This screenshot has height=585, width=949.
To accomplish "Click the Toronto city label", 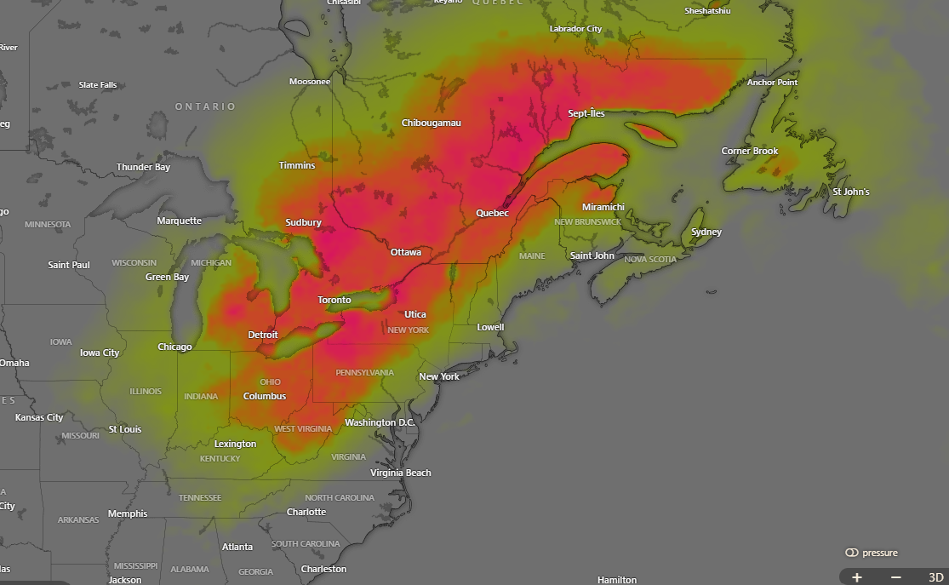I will (334, 300).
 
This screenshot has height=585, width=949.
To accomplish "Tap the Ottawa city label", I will (405, 252).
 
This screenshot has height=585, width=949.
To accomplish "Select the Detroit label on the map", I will (263, 335).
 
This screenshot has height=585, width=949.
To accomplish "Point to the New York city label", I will (438, 376).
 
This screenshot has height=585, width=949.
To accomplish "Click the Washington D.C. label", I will (380, 422).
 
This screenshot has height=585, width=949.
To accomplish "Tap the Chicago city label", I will (174, 347).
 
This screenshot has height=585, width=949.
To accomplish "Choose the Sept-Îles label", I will (586, 113).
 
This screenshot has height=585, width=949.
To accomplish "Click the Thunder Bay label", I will (143, 167).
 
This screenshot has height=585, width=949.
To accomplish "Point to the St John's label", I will (850, 192).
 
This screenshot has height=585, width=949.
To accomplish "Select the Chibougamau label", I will (431, 123).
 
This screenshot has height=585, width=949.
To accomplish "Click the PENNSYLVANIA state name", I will (364, 373).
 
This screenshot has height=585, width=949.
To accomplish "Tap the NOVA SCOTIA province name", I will (650, 260).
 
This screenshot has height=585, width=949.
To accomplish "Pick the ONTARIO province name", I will (205, 106).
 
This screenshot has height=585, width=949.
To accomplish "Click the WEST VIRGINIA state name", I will (302, 429).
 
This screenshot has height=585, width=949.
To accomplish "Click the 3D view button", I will (935, 576).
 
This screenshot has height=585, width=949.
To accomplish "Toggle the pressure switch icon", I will (851, 553).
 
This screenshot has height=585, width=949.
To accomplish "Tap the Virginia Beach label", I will (400, 473).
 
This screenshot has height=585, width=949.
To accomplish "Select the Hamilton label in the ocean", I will (616, 580).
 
